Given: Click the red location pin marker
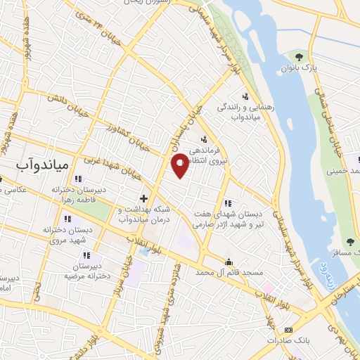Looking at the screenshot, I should point(181,166).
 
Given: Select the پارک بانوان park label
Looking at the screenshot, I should point(300,69).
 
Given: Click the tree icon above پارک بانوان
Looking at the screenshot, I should point(300,56).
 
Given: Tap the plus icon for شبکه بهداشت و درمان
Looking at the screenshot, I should point(143,198).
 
